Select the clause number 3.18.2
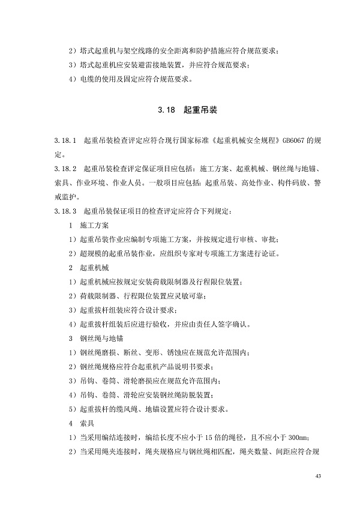pyautogui.click(x=65, y=170)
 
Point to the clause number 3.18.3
pyautogui.click(x=65, y=211)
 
